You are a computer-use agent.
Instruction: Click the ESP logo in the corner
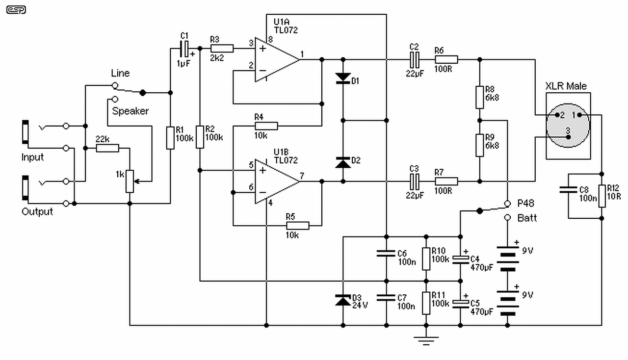16,10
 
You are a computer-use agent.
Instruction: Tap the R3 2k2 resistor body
222,49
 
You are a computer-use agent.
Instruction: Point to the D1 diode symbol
343,78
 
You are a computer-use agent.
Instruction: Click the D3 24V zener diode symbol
343,300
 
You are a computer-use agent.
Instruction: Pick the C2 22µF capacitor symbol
415,60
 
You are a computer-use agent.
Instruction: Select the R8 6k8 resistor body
480,97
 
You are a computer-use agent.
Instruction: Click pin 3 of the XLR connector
568,137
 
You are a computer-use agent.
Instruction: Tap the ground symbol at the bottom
426,340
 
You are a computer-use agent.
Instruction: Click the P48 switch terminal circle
507,204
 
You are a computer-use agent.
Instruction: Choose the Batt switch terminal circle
507,218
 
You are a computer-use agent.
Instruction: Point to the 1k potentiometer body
130,181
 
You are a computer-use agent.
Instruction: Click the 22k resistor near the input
107,148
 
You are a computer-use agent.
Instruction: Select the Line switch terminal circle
115,85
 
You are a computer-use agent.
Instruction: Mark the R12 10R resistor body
602,196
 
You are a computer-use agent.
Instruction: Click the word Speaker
131,111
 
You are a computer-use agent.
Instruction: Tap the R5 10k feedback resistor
298,226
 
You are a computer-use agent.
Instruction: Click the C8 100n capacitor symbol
568,190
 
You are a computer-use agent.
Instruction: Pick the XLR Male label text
566,86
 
